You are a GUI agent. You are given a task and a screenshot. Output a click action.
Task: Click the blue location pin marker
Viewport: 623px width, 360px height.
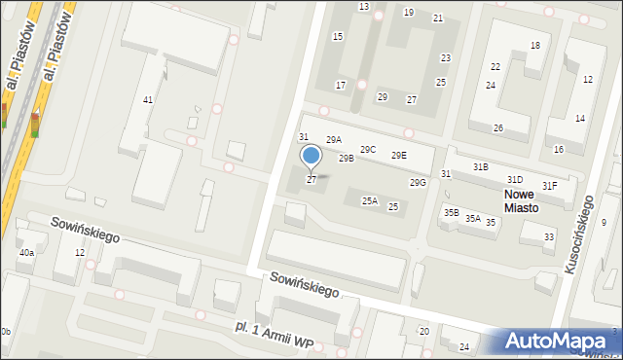[x=311, y=157]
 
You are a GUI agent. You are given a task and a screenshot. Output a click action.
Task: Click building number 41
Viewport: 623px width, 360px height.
[x=148, y=100]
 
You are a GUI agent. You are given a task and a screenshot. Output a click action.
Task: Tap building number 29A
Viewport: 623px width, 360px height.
[x=334, y=140]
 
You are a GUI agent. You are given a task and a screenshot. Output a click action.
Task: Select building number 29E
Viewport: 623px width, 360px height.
[x=398, y=156]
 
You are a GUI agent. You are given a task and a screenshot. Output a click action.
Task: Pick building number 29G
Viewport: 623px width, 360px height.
[x=418, y=183]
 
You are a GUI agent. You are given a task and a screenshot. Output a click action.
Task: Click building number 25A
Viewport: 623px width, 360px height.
[x=370, y=201]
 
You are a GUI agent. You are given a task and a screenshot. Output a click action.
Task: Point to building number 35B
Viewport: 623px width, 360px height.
[x=452, y=212]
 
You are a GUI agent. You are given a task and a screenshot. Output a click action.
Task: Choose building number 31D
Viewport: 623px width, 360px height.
[x=514, y=179]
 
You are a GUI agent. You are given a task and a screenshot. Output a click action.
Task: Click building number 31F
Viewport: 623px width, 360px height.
[x=550, y=186]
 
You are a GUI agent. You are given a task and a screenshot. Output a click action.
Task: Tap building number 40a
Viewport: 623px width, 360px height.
[x=26, y=253]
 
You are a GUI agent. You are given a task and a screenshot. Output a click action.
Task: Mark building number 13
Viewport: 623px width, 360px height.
[x=363, y=7]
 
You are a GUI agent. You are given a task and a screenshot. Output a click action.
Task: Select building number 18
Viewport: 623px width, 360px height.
[x=535, y=46]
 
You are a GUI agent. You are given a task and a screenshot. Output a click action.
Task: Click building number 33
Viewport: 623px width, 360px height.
[x=549, y=237]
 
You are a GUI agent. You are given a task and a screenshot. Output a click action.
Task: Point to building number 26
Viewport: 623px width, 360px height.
[x=497, y=128]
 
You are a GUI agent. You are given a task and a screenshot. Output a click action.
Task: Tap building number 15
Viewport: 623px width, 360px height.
[x=338, y=36]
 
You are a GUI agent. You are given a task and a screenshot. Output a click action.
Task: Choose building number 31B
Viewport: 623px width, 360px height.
[x=481, y=167]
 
